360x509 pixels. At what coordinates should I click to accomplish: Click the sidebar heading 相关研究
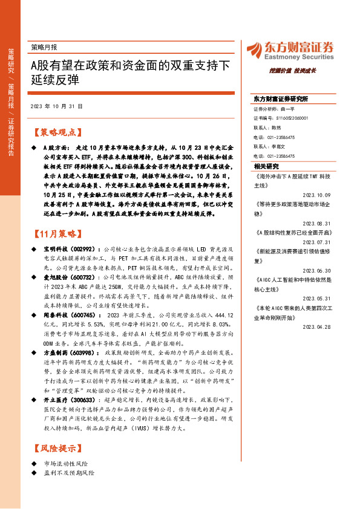coord(266,166)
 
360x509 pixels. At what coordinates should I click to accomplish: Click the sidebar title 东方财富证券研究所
coord(281,98)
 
